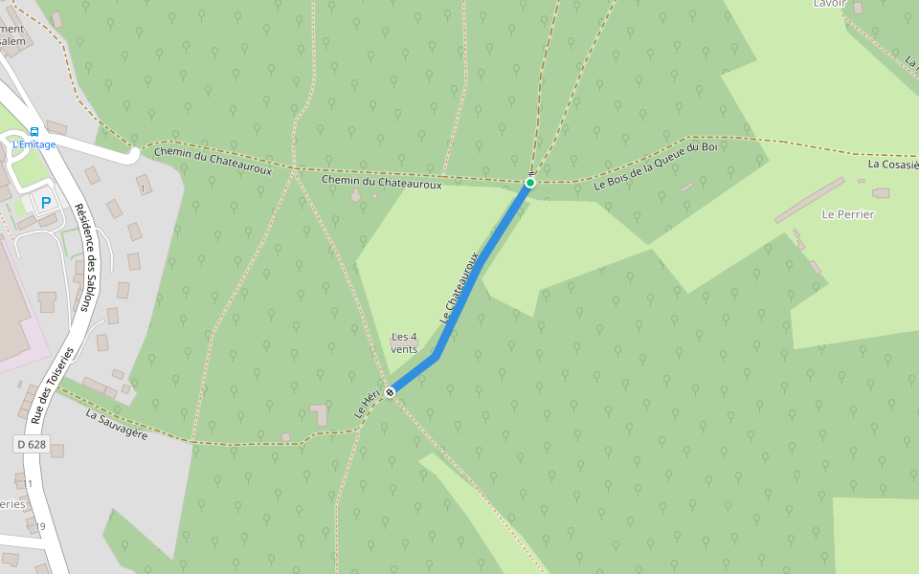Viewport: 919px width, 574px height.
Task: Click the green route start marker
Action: [x=529, y=182]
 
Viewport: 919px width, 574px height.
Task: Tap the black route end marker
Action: [x=391, y=392]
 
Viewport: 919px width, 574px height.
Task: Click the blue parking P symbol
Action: [x=45, y=202]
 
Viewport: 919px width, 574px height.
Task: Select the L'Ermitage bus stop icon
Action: [x=34, y=131]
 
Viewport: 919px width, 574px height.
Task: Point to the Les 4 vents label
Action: [x=405, y=342]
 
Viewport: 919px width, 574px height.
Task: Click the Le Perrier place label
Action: [x=847, y=214]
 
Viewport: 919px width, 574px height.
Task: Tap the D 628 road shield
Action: [x=31, y=445]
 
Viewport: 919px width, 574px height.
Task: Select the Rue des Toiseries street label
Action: [x=52, y=386]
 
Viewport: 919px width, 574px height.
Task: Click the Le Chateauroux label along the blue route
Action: [x=459, y=286]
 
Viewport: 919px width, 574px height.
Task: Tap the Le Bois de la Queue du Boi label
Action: [x=655, y=166]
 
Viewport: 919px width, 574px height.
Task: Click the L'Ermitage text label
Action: [x=34, y=144]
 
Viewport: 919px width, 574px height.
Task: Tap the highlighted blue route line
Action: [x=479, y=268]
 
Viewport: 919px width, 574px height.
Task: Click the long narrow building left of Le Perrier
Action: [x=809, y=200]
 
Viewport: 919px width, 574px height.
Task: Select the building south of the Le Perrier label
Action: [x=815, y=267]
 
